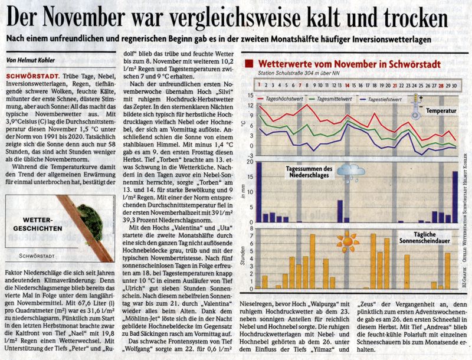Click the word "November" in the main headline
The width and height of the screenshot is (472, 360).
pos(83,18)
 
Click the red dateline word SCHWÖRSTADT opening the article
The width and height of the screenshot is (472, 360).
pos(33,76)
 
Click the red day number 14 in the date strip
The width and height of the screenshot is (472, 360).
pos(347,86)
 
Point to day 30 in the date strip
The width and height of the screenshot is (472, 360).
pos(454,86)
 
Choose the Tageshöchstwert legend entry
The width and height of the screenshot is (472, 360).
pos(276,99)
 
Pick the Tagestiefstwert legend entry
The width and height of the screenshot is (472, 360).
pos(381,99)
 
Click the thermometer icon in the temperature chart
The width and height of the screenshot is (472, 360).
pos(416,106)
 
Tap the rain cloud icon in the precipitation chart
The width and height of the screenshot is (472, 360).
pos(350,172)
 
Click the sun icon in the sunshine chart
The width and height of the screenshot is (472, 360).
pos(348,242)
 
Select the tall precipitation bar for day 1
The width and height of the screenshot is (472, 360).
pos(259,192)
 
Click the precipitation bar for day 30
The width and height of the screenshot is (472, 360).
pos(455,197)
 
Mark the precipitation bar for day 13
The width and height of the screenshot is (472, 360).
pos(340,211)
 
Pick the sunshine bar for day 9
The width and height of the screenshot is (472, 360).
pos(313,261)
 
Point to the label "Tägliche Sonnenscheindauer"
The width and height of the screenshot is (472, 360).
pos(424,237)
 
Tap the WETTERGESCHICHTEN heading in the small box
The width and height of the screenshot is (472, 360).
pos(38,224)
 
